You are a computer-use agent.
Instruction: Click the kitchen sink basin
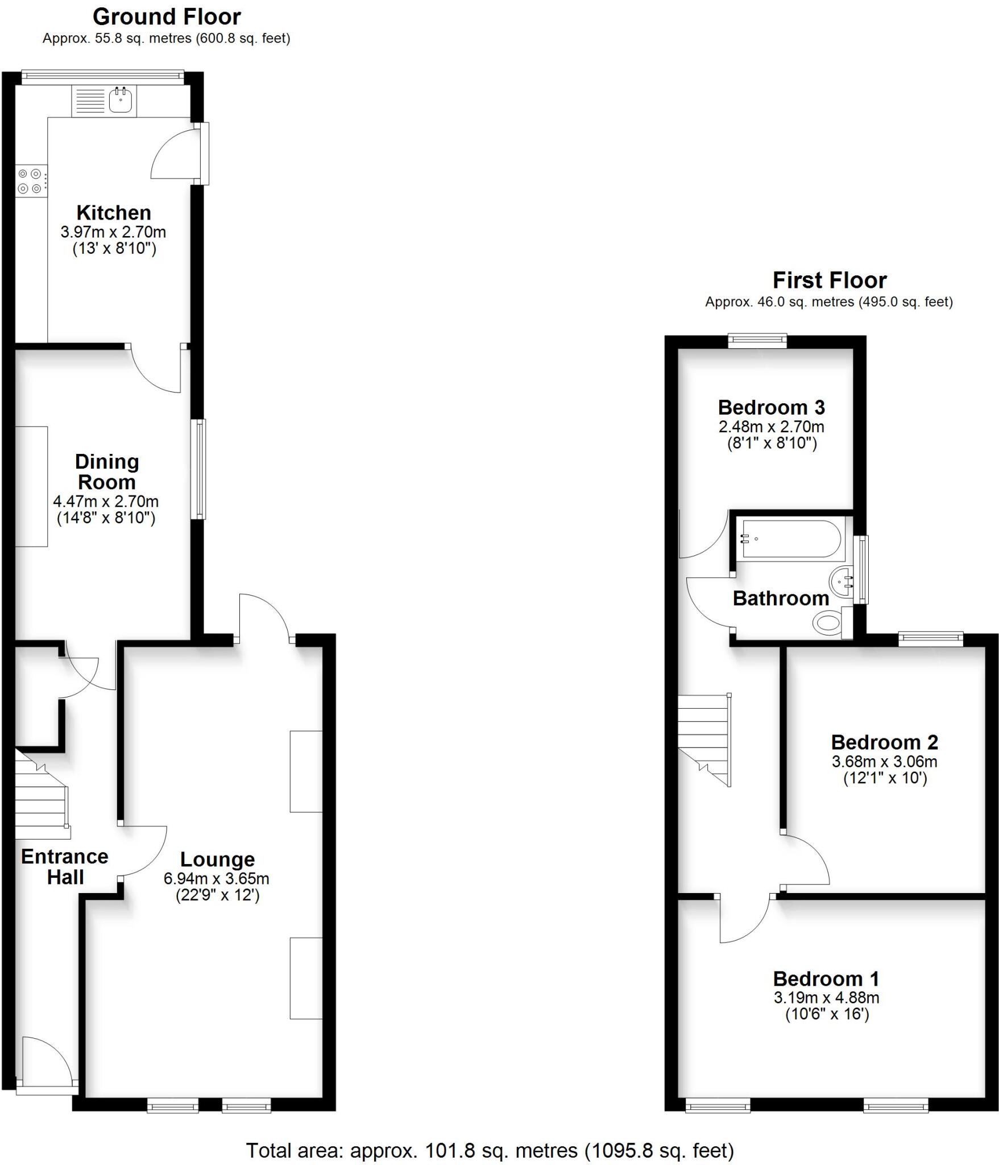coord(121,101)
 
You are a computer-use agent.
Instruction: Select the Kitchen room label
coord(114,213)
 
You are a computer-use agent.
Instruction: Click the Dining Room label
coord(107,472)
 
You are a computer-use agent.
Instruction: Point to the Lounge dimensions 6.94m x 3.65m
coord(216,878)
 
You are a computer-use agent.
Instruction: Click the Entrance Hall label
coord(65,866)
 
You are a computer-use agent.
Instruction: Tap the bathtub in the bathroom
coord(790,538)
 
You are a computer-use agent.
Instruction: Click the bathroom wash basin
coord(842,582)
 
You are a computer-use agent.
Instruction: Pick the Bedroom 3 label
coord(771,407)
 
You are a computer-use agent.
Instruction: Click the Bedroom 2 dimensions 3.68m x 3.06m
coord(884,762)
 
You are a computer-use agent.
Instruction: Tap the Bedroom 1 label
coord(826,978)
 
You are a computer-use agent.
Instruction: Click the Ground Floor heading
coord(167,17)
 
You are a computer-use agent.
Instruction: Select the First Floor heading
coord(829,280)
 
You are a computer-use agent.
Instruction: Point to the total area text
coord(490,1146)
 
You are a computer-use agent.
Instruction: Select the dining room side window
coord(198,469)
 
